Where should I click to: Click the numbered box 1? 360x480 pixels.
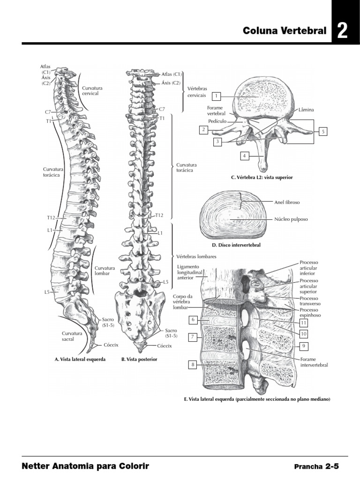click(216, 97)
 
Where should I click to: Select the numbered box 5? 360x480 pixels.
click(322, 132)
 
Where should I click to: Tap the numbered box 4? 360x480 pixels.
click(244, 156)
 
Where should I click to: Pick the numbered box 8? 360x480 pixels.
click(193, 364)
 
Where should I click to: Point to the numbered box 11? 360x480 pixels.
click(304, 323)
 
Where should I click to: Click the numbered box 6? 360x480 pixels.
click(193, 320)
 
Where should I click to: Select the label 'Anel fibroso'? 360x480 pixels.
click(286, 202)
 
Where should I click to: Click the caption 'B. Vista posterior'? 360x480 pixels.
click(139, 359)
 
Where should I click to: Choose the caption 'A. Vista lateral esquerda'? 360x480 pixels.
click(80, 359)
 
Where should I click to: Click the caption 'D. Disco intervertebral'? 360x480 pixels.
click(236, 245)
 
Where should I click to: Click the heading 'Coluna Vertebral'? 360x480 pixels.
click(285, 31)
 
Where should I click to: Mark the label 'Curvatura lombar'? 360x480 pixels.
click(102, 270)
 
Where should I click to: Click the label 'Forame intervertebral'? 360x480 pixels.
click(314, 362)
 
